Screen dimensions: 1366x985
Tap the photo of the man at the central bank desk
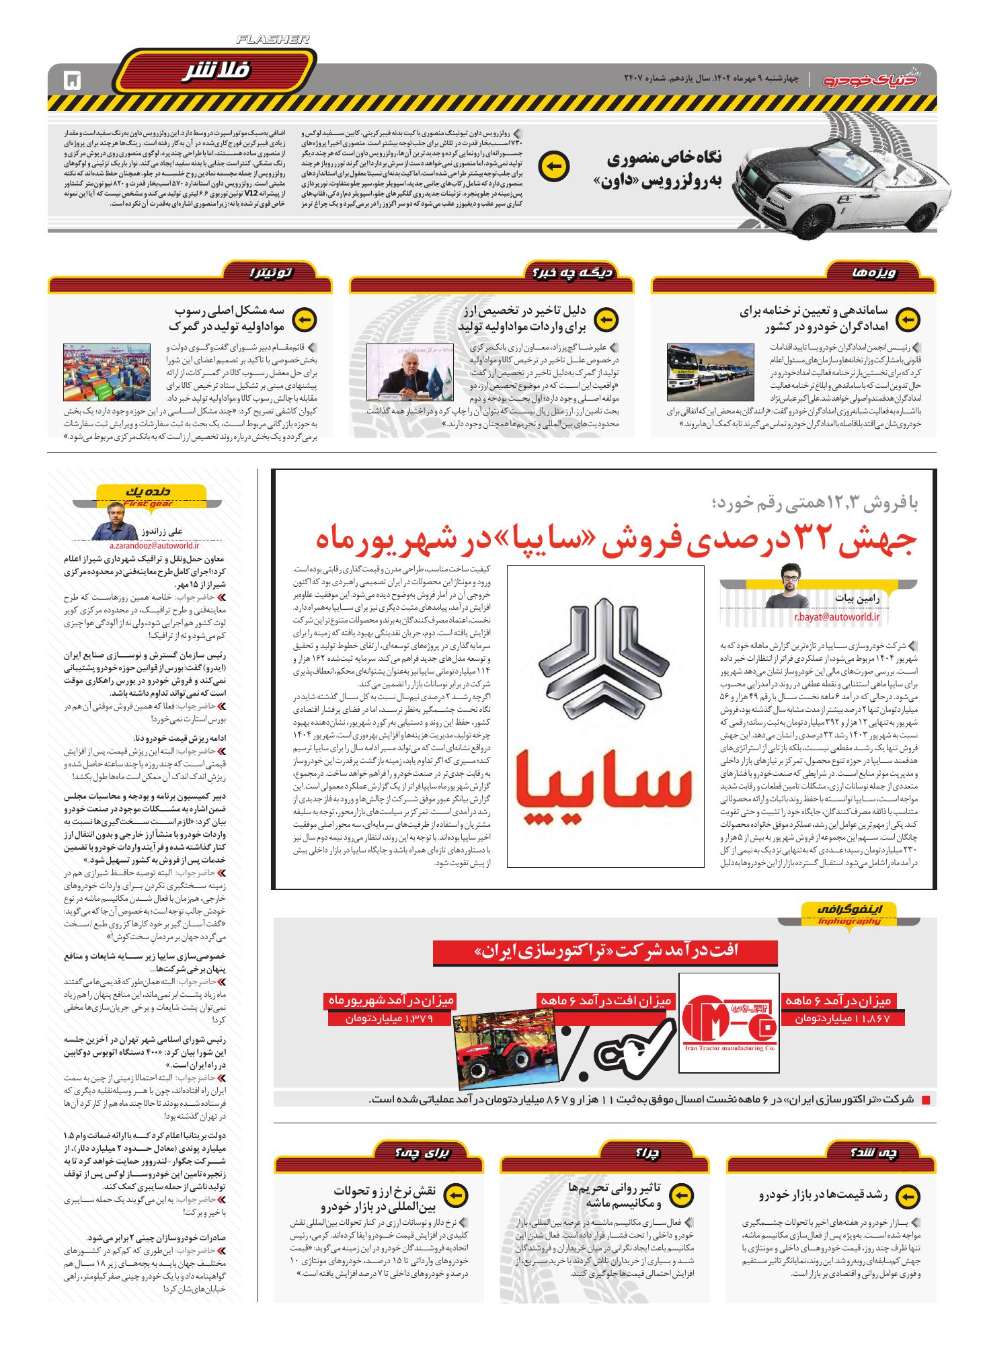[x=410, y=372]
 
